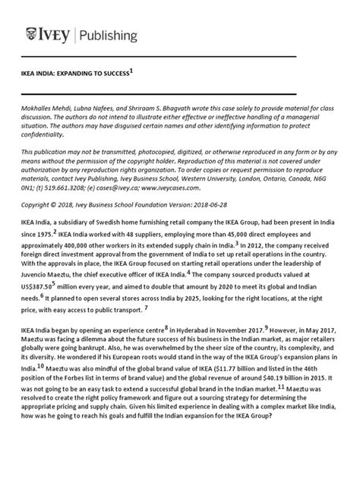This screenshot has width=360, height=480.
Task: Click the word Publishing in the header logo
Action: (106, 35)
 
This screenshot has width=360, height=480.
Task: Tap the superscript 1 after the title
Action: (131, 71)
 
